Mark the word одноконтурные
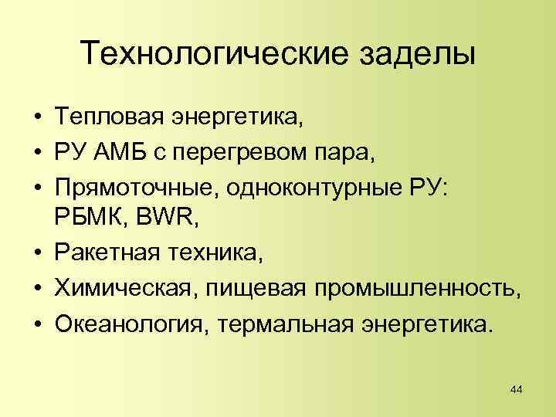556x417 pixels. pos(279,187)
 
